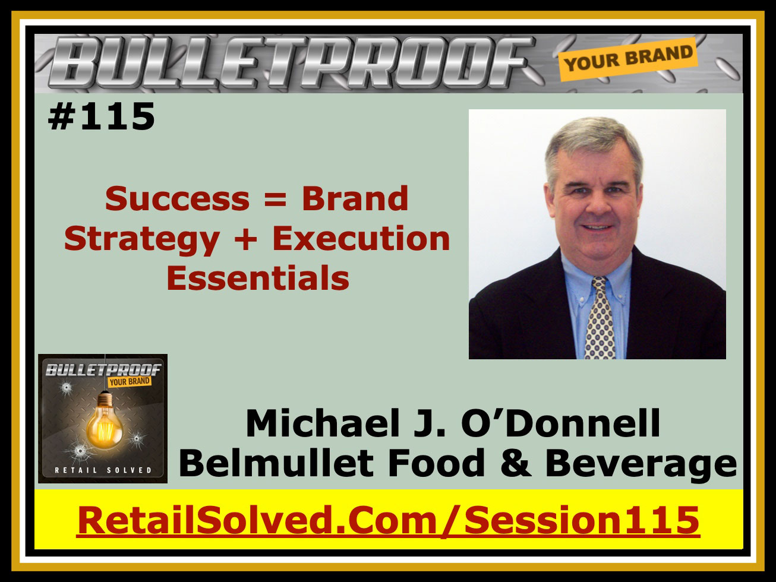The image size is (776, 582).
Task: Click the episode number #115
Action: point(102,116)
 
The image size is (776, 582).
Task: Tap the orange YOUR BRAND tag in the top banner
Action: point(628,59)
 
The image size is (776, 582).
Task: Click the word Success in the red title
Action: point(178,198)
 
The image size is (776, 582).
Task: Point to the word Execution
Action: point(361,238)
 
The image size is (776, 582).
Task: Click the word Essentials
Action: point(258,278)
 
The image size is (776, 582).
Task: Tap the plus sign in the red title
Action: point(246,240)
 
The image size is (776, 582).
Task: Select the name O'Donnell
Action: point(560,423)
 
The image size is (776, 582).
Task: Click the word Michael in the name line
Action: point(323,423)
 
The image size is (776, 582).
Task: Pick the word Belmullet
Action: point(276,463)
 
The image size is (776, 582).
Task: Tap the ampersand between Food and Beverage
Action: point(515,463)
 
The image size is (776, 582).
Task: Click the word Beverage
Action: point(641,464)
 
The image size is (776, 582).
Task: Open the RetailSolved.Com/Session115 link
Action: point(388,520)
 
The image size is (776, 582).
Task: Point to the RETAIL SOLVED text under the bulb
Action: point(103,470)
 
